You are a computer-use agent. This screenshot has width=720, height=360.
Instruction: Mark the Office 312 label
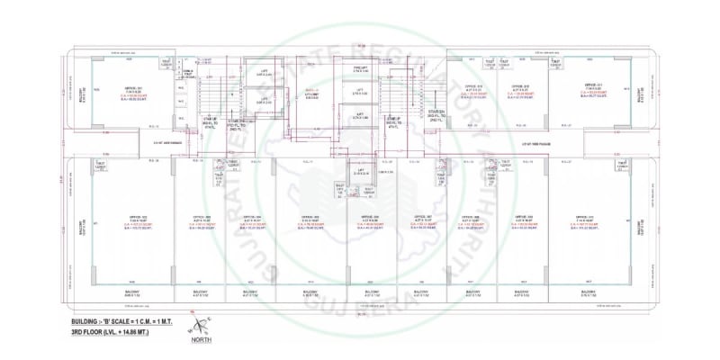[x=519, y=86]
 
